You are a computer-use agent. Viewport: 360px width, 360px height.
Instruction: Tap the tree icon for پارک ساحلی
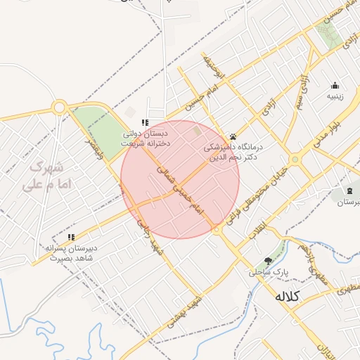pos(266,260)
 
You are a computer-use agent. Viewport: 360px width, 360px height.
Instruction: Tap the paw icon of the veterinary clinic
pos(233,136)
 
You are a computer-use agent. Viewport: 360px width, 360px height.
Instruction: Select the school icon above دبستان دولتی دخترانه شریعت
pos(145,122)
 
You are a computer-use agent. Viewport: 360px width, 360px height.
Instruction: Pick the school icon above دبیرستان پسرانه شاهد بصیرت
pos(70,237)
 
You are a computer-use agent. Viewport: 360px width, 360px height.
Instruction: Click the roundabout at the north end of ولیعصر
pos(60,108)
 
